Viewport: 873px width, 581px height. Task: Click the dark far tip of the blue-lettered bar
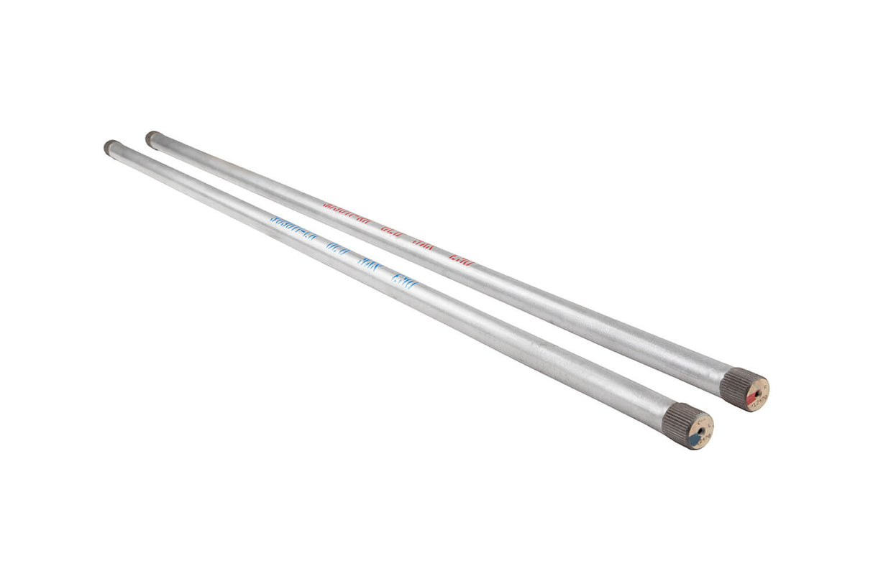(x=110, y=147)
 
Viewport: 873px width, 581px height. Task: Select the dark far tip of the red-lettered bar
(x=152, y=137)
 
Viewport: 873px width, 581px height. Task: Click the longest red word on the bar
(x=349, y=215)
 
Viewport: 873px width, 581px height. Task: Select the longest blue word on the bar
(x=296, y=230)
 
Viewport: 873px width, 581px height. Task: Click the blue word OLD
(x=337, y=248)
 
